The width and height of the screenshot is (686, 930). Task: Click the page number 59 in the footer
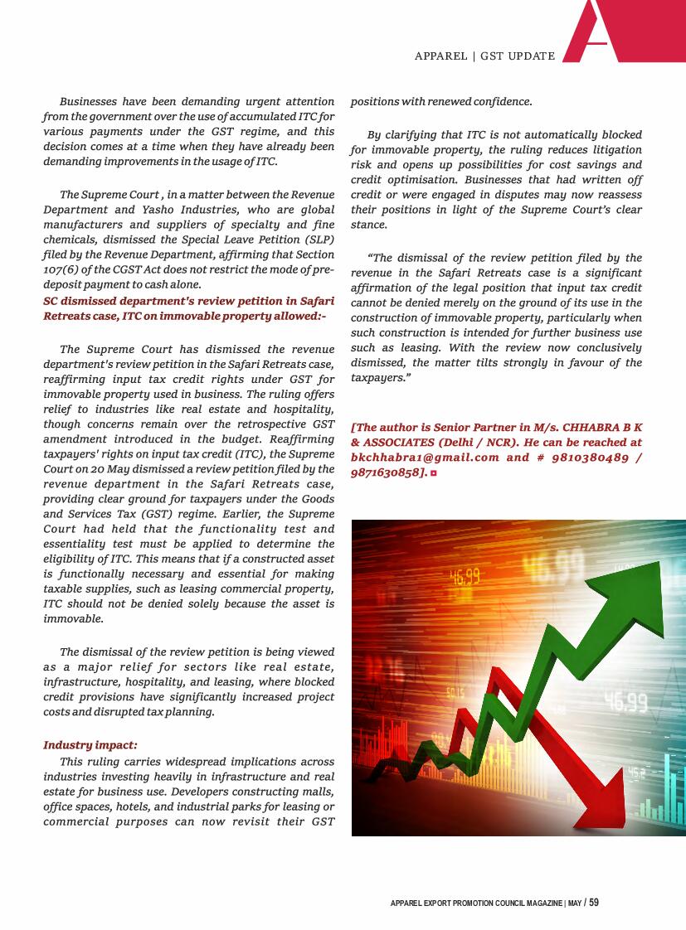(594, 903)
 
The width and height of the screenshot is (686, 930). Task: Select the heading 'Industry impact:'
(90, 745)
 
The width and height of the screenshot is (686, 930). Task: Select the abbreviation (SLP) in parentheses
(316, 240)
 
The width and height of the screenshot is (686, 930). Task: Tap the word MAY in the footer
(574, 903)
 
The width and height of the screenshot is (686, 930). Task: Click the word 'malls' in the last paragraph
(317, 792)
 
